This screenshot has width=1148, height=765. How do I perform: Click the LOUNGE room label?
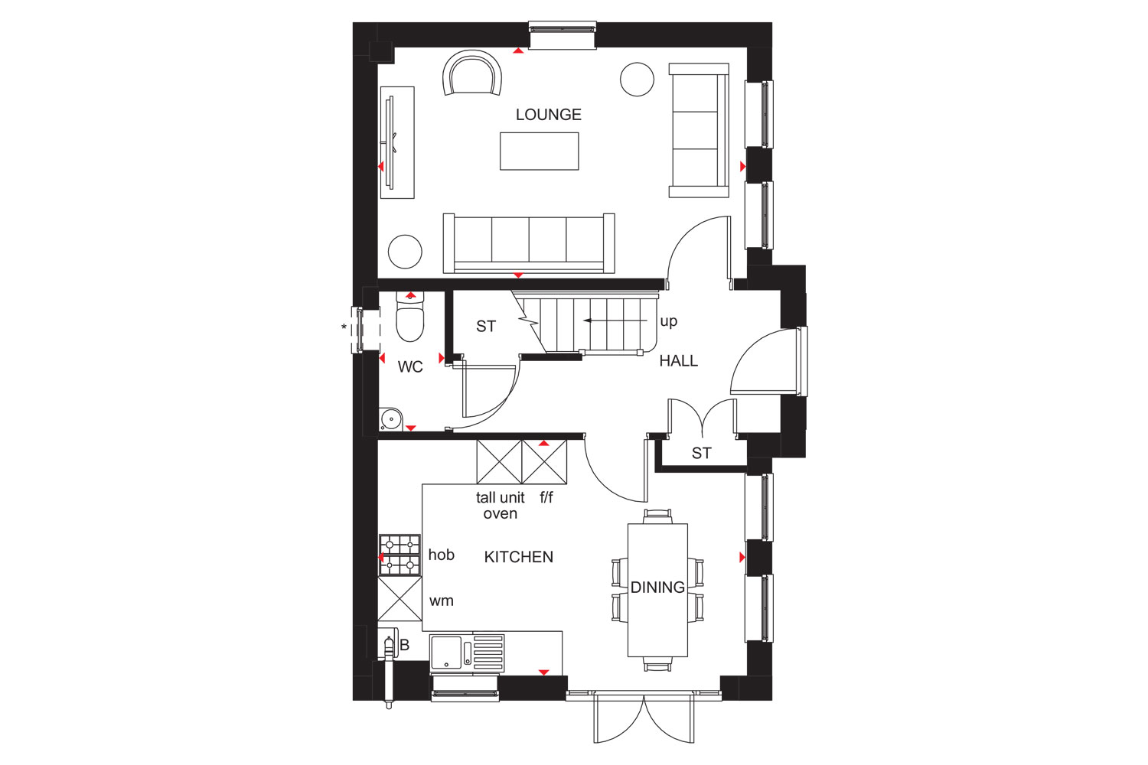549,114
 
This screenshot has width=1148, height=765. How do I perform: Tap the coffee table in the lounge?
539,151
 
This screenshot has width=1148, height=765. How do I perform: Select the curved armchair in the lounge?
472,73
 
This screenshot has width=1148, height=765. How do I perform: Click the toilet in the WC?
410,317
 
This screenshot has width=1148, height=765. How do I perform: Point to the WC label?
410,366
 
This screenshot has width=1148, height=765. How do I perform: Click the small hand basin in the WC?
390,419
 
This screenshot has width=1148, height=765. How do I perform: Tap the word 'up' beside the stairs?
669,322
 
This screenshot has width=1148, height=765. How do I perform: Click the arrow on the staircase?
615,321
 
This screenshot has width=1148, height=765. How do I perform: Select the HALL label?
679,361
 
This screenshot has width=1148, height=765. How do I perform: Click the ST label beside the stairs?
486,327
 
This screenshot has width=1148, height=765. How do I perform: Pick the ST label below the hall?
702,453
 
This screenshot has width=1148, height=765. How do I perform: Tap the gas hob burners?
400,555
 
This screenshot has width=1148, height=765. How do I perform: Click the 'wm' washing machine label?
442,601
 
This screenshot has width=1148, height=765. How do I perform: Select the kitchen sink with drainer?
468,653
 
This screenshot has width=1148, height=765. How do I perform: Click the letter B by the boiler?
404,645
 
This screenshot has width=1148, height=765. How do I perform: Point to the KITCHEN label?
519,557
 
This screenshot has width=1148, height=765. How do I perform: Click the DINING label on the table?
657,588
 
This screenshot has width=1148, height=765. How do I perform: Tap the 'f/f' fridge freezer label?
546,497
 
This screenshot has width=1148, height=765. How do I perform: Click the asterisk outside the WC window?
344,327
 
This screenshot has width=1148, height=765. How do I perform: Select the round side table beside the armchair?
637,79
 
